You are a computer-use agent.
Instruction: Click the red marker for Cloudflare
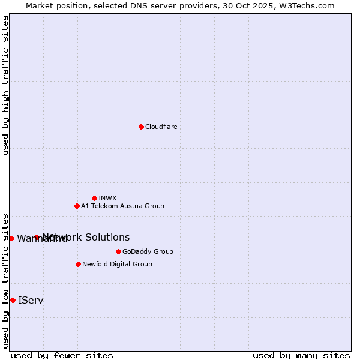pos(141,127)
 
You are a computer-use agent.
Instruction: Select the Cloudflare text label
pos(161,127)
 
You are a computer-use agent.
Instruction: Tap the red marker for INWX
pos(94,198)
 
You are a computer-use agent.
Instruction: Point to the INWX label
pos(107,198)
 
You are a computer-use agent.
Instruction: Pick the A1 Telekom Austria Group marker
pos(77,206)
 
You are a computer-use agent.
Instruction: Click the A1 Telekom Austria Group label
pos(122,206)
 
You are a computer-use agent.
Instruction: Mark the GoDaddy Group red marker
pos(118,251)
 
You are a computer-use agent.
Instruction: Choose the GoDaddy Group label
pos(148,251)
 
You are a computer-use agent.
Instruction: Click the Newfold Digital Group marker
pos(78,264)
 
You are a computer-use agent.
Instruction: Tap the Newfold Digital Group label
pos(117,264)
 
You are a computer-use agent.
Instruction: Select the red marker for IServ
pos(13,300)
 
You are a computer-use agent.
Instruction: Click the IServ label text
pos(31,300)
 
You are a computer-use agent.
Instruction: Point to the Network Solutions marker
pos(37,237)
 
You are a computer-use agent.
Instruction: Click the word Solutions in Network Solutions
pos(108,237)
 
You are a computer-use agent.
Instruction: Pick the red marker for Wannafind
pos(11,238)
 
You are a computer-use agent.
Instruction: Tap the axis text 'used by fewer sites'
pos(62,355)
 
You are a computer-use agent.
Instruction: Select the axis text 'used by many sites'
pos(301,355)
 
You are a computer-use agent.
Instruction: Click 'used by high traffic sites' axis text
pos(5,85)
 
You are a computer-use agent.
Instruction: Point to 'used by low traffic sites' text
pos(5,281)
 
